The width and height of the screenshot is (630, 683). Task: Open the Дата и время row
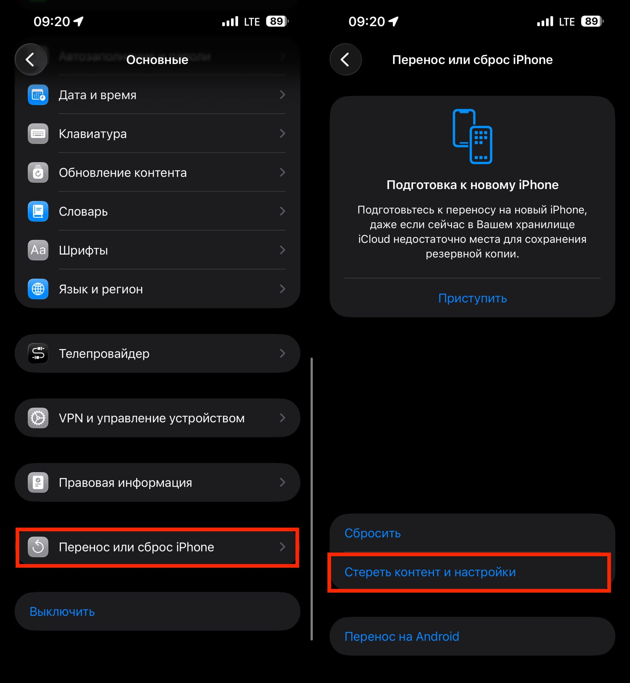click(157, 95)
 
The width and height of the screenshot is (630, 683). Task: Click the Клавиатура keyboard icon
click(38, 134)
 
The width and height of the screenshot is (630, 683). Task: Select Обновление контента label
click(123, 173)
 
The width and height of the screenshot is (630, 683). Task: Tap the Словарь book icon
click(38, 211)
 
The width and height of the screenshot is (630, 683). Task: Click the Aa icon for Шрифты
click(38, 250)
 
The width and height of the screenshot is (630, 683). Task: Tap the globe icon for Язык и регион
click(38, 289)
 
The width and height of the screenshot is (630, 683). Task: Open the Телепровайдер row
click(157, 354)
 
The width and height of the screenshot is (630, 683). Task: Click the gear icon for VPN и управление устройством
click(38, 418)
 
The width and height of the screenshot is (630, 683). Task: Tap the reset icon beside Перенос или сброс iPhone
click(38, 547)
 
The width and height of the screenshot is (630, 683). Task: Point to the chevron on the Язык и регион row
click(282, 289)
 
